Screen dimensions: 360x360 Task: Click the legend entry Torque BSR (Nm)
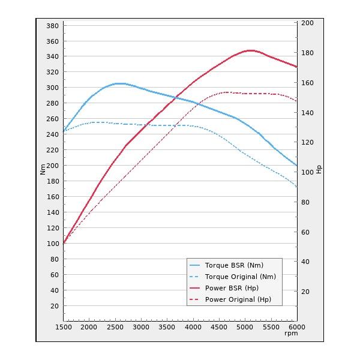click(x=234, y=265)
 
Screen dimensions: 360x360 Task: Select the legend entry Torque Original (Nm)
click(x=240, y=277)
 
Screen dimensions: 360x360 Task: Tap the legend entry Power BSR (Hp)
click(x=232, y=288)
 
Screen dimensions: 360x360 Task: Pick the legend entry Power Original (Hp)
click(x=238, y=299)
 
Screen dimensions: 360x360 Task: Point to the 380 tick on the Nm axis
click(x=52, y=26)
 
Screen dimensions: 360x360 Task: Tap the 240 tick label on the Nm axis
click(x=52, y=135)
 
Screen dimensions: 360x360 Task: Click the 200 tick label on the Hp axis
click(x=307, y=23)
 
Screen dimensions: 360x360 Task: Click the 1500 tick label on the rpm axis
click(x=64, y=327)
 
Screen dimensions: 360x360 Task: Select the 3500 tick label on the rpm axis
click(x=167, y=327)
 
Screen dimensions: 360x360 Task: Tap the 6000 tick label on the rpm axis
click(x=296, y=327)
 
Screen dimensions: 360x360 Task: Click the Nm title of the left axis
click(x=43, y=170)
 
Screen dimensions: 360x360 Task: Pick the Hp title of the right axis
click(x=319, y=170)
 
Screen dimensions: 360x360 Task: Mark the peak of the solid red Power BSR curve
click(x=250, y=50)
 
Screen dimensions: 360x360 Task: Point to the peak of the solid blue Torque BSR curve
click(x=120, y=83)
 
